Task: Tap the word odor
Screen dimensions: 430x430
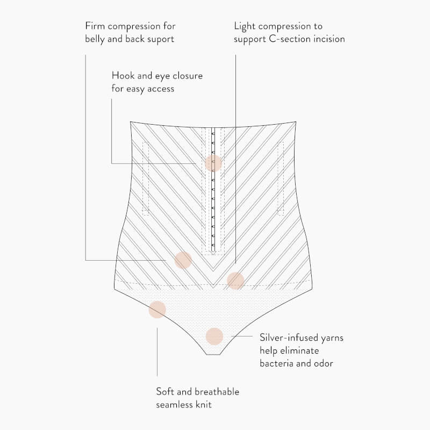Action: coord(323,364)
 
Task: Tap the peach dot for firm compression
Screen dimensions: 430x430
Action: coord(183,260)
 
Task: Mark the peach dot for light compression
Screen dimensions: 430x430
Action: coord(235,281)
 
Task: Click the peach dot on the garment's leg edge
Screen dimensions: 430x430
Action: coord(157,310)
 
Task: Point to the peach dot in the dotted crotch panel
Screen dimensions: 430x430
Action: coord(214,336)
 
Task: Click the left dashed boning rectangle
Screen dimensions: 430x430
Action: coord(145,178)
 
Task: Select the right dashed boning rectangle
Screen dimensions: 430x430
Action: coord(281,178)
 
